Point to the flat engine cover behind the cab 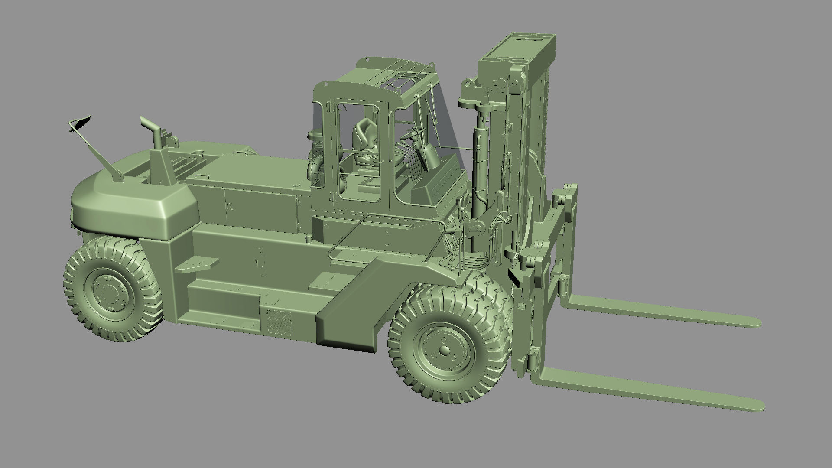coord(251,173)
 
